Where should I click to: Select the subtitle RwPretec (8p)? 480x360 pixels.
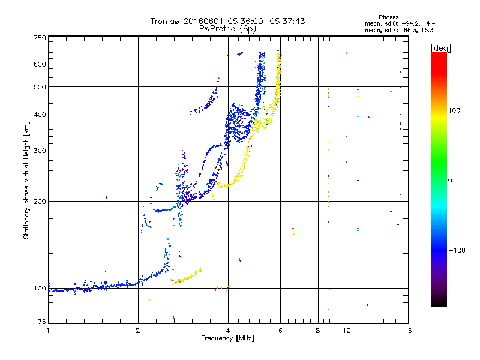point(228,28)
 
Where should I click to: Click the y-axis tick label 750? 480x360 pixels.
point(40,38)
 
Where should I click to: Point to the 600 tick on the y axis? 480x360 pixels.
point(40,64)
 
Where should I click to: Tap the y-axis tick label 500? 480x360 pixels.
point(40,87)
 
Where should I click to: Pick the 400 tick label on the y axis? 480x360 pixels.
point(40,115)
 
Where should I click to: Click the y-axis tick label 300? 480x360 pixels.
point(40,151)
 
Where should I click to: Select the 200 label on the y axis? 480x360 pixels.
point(40,202)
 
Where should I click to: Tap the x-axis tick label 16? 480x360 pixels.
point(408,331)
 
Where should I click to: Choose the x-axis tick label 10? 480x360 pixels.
point(347,331)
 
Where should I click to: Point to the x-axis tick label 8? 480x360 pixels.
point(318,331)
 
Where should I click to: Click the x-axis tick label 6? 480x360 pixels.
point(281,331)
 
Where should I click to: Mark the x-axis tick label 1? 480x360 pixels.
point(49,331)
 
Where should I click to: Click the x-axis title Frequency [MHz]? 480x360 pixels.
point(228,338)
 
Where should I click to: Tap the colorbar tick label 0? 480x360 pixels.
point(451,180)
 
